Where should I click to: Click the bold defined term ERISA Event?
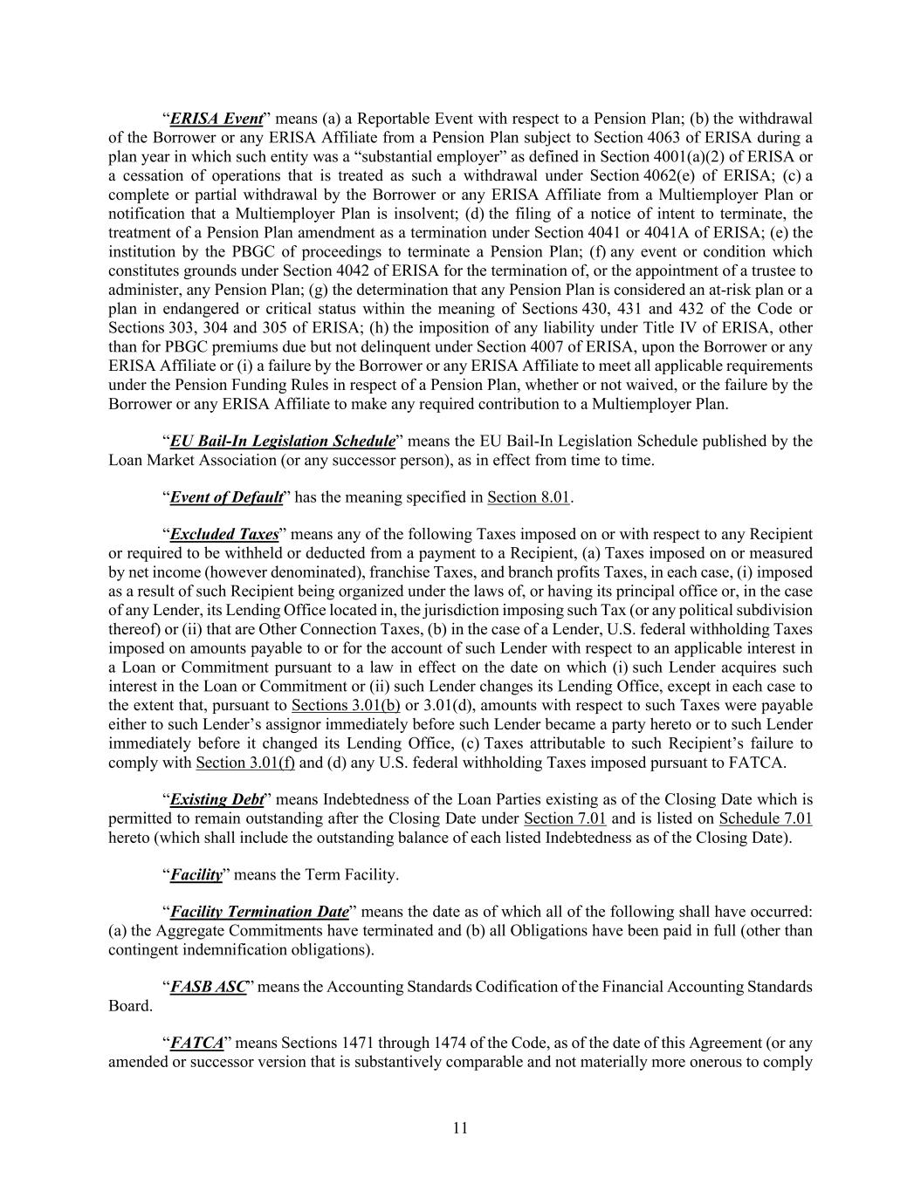tap(217, 119)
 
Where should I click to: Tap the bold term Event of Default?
tap(226, 497)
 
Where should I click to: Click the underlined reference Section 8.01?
tap(528, 497)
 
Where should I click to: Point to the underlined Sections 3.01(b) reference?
tap(346, 705)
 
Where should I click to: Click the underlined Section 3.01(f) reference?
tap(245, 763)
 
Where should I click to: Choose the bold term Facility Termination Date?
tap(259, 912)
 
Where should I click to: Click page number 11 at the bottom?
tap(461, 1128)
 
